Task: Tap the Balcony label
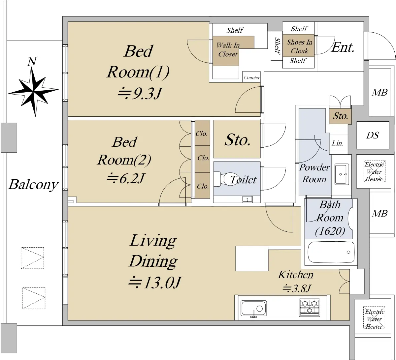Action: (33, 185)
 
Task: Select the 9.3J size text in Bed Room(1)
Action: (140, 93)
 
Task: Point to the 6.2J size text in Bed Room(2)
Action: (125, 178)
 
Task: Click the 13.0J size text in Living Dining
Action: (154, 283)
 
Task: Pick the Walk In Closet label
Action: (228, 49)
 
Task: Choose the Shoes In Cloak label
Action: (299, 46)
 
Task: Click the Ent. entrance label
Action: (343, 47)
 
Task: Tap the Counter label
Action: (251, 77)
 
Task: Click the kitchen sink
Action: (254, 308)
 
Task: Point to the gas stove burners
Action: (309, 308)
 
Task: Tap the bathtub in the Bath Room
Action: (331, 252)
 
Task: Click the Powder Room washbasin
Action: (342, 174)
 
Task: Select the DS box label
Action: (373, 135)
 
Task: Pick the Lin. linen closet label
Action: (338, 143)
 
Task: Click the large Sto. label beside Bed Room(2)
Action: (238, 140)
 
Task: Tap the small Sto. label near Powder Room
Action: (340, 116)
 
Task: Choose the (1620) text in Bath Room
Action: (330, 231)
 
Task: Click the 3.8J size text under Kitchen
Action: (297, 288)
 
